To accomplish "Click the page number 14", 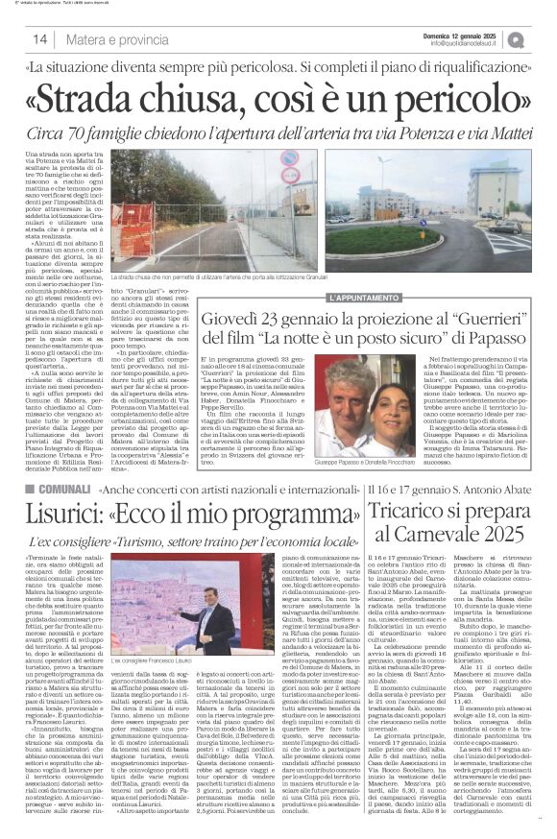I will tap(39, 39).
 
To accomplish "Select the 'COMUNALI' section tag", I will tap(60, 491).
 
